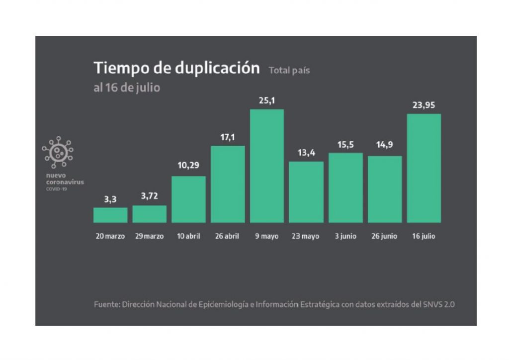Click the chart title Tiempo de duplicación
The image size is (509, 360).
click(x=176, y=68)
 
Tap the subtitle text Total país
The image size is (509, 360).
click(x=289, y=71)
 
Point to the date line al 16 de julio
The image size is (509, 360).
click(x=127, y=88)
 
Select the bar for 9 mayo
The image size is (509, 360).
click(x=267, y=166)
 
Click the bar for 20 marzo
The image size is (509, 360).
click(x=110, y=215)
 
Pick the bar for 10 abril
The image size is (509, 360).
click(x=188, y=199)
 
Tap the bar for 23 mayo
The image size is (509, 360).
click(x=306, y=192)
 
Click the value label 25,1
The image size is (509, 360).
click(x=267, y=101)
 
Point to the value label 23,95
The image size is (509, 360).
click(x=424, y=105)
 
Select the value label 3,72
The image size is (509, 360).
click(x=149, y=196)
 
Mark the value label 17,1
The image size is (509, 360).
click(x=228, y=137)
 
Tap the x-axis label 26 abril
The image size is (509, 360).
click(x=227, y=236)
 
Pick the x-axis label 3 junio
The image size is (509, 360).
click(x=345, y=236)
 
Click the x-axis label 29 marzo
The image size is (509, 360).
click(x=149, y=236)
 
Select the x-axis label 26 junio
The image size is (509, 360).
click(x=384, y=236)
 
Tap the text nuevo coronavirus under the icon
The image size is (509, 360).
click(x=65, y=179)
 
